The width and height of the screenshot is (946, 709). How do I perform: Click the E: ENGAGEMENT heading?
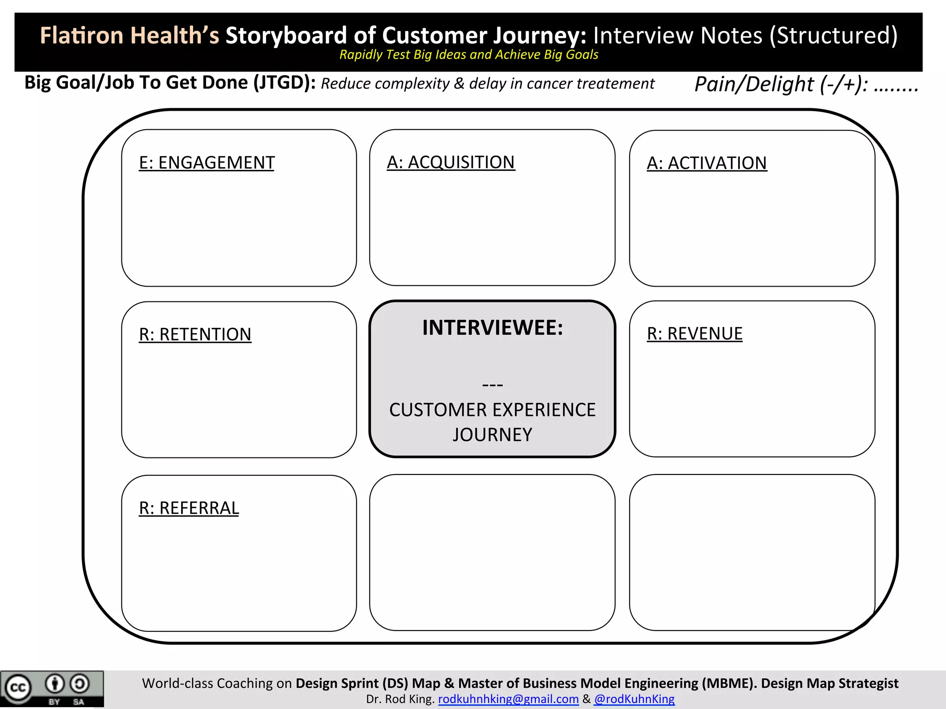(x=206, y=163)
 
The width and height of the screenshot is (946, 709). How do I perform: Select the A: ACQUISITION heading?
(x=450, y=162)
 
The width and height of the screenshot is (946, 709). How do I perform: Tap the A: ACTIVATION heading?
(x=706, y=163)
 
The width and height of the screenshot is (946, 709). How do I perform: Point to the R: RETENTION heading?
(x=195, y=335)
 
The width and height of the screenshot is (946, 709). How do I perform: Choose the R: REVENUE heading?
(x=694, y=334)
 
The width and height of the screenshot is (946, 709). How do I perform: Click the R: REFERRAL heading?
(x=188, y=508)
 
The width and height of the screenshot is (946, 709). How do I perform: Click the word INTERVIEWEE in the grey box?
(x=492, y=328)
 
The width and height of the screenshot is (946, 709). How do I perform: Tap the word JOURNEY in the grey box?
(x=492, y=435)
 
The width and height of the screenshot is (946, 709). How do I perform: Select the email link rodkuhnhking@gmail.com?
(x=508, y=699)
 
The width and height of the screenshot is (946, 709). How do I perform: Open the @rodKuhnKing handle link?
(x=634, y=699)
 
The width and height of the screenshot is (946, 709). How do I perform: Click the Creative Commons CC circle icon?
(x=18, y=688)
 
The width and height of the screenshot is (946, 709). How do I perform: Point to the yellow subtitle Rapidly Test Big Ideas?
(x=468, y=55)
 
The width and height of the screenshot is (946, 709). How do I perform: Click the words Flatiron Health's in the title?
(x=129, y=36)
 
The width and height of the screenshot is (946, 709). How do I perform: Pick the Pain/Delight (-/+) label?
(x=781, y=84)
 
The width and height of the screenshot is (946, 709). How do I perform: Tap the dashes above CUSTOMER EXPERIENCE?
(x=492, y=385)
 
